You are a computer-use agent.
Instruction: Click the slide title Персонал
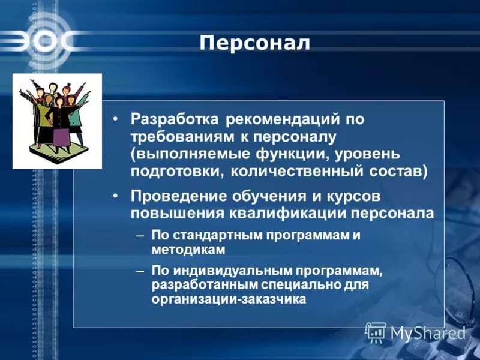[x=254, y=43]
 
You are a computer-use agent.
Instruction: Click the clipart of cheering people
[x=57, y=121]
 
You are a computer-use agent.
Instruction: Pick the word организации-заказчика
[x=229, y=298]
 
